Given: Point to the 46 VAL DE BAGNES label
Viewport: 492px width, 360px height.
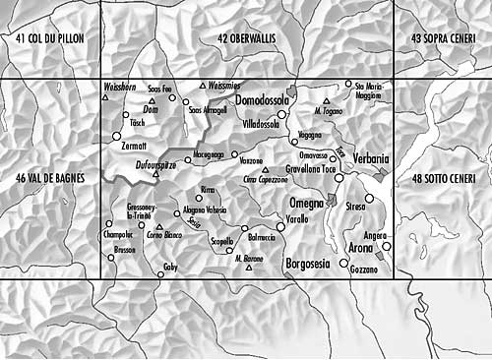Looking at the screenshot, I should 51,178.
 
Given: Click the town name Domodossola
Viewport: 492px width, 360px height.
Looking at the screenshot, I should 262,102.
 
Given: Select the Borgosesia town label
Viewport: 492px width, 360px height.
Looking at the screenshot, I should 308,264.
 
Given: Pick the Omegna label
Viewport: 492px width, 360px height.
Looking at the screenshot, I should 306,202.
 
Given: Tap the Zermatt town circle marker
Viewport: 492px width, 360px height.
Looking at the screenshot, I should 115,136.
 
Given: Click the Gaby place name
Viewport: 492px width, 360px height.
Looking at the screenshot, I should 171,268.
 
